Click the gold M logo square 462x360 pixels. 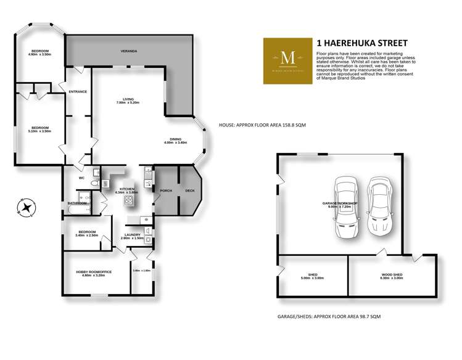[287, 57]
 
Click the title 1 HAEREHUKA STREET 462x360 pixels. [361, 43]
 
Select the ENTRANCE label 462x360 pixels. [78, 92]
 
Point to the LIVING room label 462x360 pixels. [128, 99]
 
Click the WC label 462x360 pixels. [81, 178]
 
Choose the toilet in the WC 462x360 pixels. [92, 182]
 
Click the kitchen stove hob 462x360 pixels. [130, 200]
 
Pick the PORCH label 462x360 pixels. [165, 190]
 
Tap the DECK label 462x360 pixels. [189, 190]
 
